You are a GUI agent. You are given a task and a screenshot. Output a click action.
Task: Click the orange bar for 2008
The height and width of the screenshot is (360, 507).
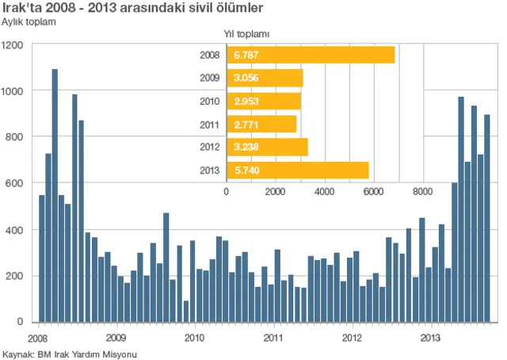click(x=311, y=55)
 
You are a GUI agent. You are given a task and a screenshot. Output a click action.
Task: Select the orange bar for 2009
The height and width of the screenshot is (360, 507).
click(x=265, y=79)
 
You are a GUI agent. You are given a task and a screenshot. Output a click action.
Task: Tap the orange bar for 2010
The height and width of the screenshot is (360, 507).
click(x=264, y=101)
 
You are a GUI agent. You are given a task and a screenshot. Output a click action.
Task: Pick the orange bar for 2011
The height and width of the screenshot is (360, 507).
click(x=261, y=124)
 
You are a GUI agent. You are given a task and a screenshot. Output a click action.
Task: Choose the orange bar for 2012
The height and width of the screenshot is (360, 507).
click(x=267, y=147)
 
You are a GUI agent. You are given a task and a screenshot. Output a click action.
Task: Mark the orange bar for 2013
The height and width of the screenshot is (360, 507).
click(x=298, y=170)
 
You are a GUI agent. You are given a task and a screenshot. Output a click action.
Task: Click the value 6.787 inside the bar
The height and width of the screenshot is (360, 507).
click(x=246, y=56)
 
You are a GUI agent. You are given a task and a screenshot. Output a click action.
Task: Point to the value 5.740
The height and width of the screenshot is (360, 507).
click(x=246, y=170)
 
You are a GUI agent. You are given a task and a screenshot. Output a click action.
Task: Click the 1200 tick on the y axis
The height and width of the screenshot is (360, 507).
click(x=13, y=45)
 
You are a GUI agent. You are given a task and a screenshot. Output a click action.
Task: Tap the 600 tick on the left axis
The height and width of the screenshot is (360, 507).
click(x=16, y=183)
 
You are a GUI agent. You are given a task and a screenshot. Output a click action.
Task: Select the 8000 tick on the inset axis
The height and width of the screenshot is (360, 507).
click(x=422, y=191)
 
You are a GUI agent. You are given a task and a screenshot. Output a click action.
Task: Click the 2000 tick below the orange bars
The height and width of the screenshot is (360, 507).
click(x=276, y=191)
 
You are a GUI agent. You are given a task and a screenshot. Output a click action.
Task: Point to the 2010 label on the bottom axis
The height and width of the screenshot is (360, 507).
click(x=195, y=336)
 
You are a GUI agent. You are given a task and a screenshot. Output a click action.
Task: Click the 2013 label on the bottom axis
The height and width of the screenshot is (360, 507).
click(x=429, y=336)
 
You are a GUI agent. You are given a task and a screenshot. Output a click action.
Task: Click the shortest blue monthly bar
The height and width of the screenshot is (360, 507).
click(x=185, y=311)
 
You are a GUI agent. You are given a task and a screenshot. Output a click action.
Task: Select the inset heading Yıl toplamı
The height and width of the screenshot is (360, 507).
click(x=247, y=34)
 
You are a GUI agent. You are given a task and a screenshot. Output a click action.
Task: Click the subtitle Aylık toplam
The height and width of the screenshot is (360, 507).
click(x=30, y=21)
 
